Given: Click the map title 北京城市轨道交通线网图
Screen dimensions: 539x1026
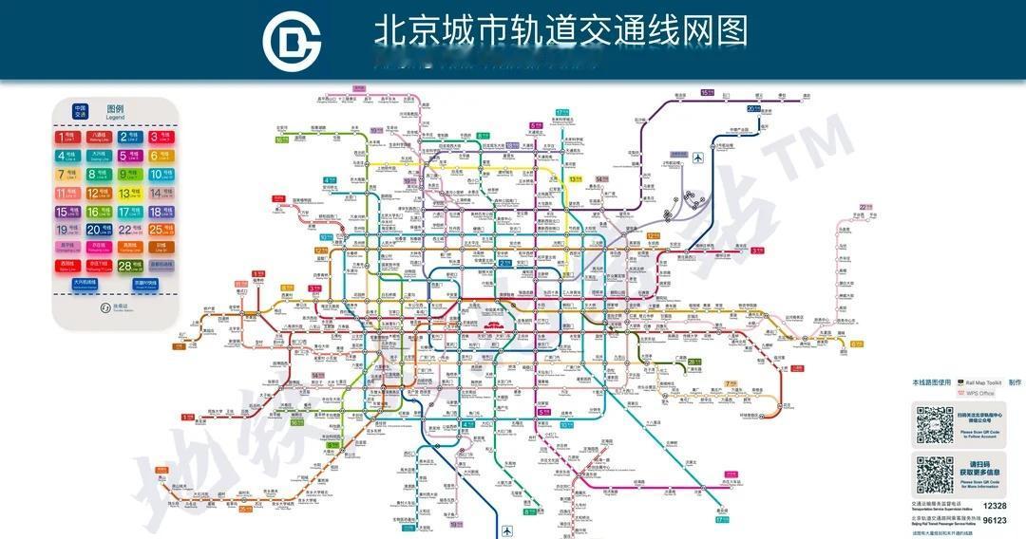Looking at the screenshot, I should click(x=560, y=31).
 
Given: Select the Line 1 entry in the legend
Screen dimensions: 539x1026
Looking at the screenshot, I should click(x=69, y=137).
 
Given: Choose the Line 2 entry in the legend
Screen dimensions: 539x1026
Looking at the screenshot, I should click(x=130, y=137).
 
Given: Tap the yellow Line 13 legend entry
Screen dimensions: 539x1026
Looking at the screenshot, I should click(x=130, y=194).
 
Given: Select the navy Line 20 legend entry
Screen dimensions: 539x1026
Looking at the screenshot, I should click(x=100, y=230).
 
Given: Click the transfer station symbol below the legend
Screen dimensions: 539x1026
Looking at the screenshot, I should click(x=105, y=307).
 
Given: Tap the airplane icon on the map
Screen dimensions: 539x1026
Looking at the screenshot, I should click(x=699, y=158).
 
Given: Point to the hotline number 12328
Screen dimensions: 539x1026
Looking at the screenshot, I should click(x=994, y=507).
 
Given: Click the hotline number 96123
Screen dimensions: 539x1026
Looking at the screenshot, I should click(x=994, y=520).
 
